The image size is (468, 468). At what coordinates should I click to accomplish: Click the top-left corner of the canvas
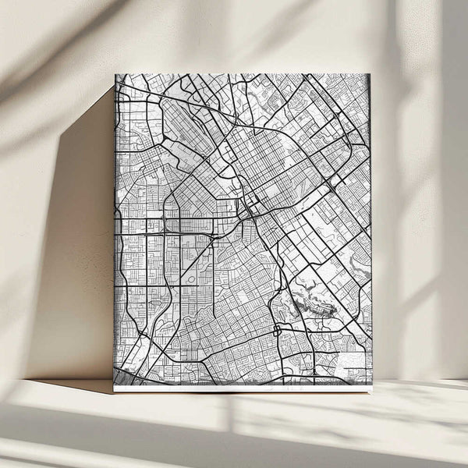click(115, 75)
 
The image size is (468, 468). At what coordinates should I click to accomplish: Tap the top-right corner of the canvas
click(370, 75)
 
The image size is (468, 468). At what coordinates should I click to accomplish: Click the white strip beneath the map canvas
click(242, 388)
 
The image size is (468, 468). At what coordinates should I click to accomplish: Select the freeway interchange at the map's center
click(248, 209)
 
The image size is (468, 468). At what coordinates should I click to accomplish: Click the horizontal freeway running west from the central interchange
click(179, 232)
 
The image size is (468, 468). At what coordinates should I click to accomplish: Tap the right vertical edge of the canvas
click(371, 234)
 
